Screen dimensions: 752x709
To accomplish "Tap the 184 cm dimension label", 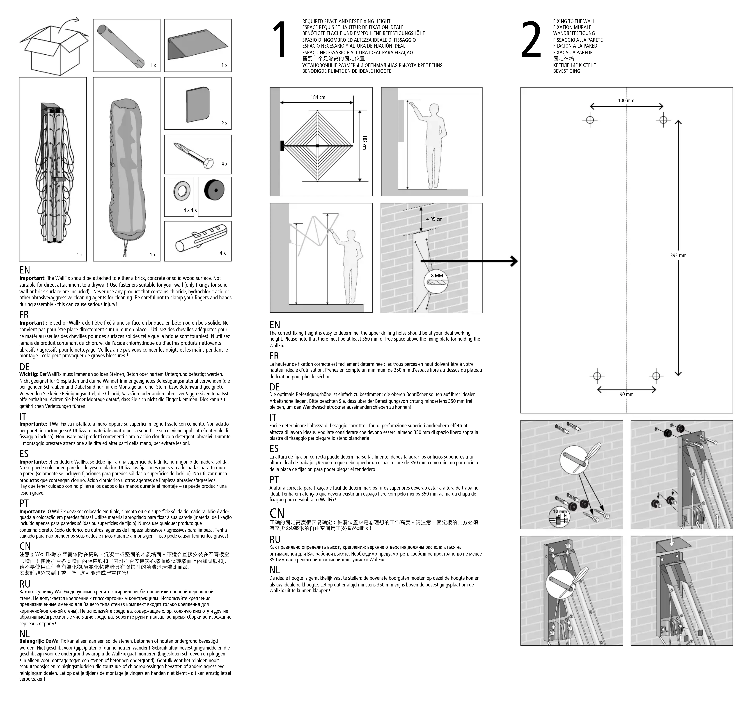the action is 318,98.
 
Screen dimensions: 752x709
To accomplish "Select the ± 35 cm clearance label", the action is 434,219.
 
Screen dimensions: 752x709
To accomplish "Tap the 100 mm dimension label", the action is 626,101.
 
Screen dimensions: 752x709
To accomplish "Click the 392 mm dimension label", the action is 678,256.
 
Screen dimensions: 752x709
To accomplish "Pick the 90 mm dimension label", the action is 626,394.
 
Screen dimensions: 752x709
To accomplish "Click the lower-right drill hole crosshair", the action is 656,376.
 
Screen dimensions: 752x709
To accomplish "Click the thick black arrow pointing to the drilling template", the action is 469,261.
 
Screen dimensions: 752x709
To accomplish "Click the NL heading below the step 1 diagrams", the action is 275,570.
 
